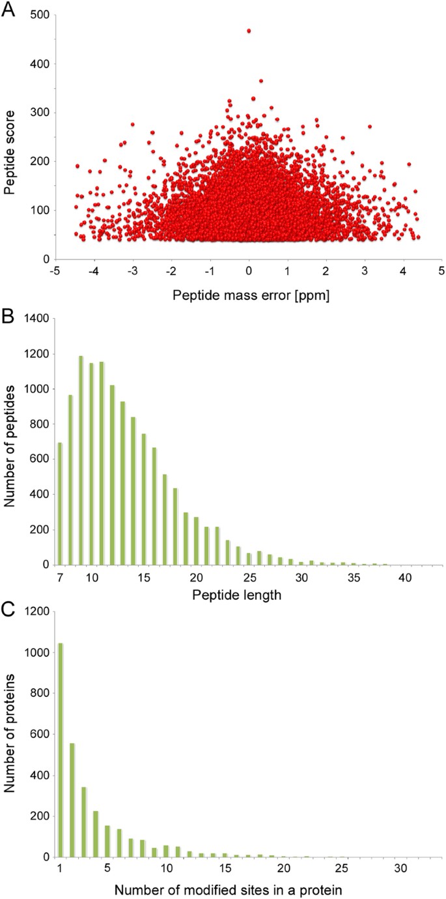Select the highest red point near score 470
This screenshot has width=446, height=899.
pos(249,31)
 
